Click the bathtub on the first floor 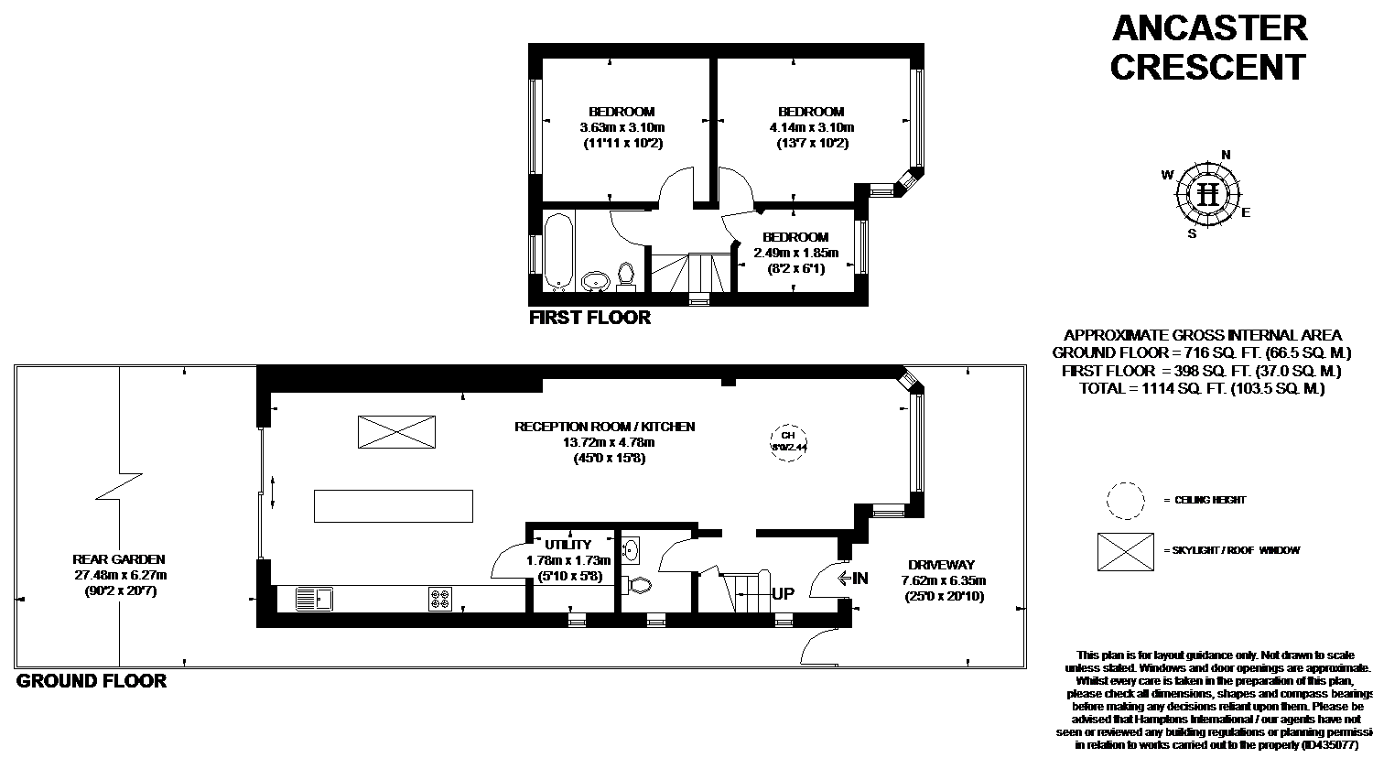click(x=558, y=249)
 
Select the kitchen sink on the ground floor click(x=316, y=600)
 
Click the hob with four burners click(x=440, y=600)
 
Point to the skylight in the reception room click(x=397, y=431)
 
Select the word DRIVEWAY click(x=941, y=565)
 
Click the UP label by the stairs click(x=784, y=593)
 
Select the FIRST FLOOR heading click(x=590, y=318)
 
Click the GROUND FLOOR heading click(x=92, y=681)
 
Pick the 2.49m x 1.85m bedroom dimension click(x=795, y=253)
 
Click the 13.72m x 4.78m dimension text click(x=604, y=442)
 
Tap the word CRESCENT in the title click(x=1208, y=67)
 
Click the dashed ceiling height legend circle click(x=1125, y=501)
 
